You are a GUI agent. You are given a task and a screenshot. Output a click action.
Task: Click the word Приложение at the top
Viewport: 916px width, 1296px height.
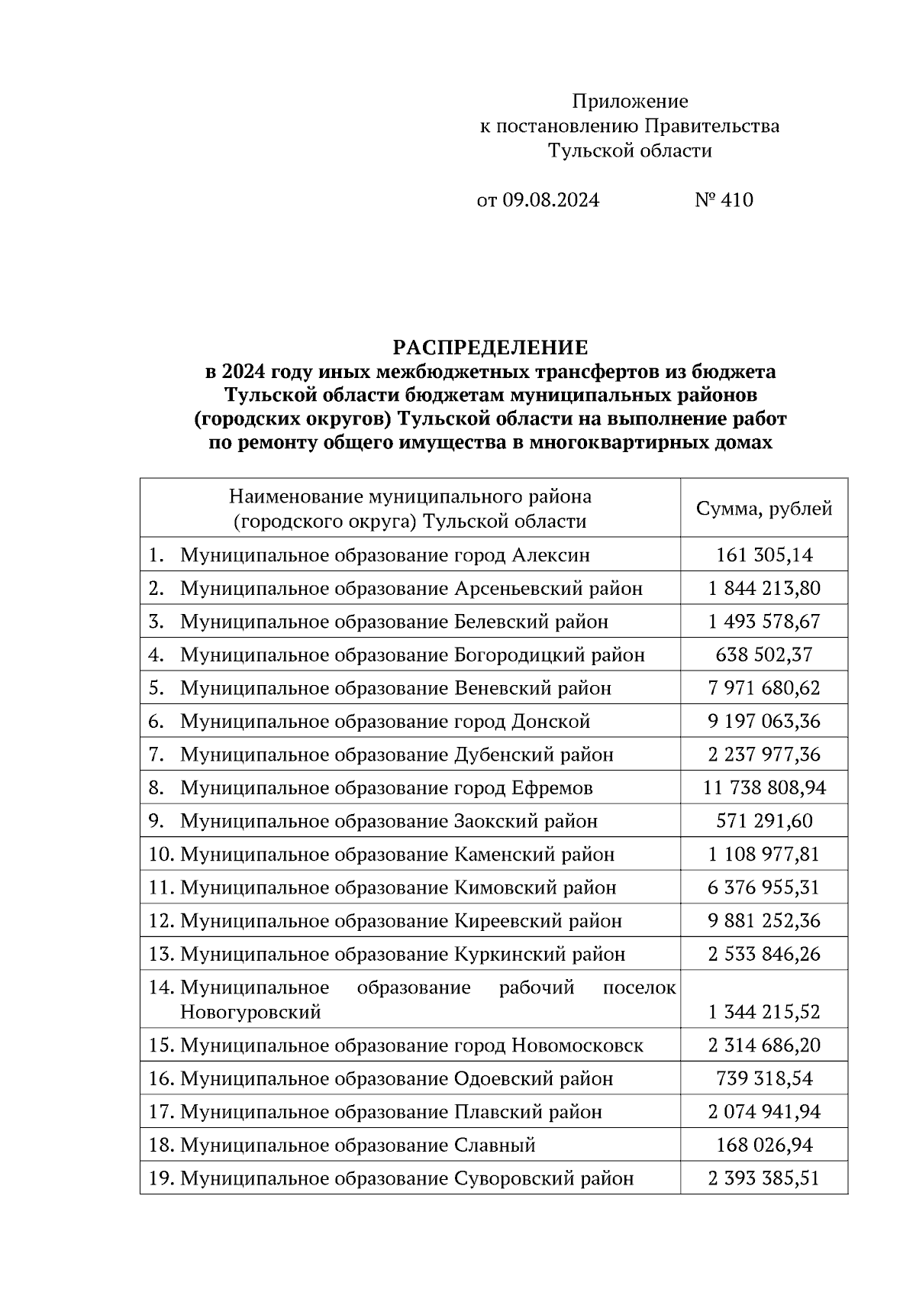[630, 101]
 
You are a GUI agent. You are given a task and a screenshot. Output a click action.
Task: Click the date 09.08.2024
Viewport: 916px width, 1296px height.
[550, 200]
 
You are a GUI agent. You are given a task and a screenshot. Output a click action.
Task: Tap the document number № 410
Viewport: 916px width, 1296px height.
[724, 200]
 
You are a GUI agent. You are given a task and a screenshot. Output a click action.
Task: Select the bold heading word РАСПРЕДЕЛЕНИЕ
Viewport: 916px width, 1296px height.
[490, 348]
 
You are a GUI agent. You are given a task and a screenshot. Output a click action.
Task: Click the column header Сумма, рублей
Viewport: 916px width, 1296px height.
[764, 509]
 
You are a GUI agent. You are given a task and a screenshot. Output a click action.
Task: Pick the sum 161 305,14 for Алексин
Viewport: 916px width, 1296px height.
[764, 554]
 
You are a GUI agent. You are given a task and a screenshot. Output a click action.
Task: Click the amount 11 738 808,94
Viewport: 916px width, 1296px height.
[764, 787]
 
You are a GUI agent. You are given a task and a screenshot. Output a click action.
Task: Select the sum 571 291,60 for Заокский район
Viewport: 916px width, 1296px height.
[764, 821]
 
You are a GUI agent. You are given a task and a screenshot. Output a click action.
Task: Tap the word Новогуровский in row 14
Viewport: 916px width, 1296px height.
[250, 1013]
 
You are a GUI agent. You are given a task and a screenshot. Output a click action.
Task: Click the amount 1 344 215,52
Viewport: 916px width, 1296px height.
[764, 1013]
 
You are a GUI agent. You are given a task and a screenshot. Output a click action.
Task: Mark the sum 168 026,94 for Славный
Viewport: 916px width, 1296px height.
[764, 1146]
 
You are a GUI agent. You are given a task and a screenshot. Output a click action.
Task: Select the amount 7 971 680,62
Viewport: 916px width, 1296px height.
[764, 688]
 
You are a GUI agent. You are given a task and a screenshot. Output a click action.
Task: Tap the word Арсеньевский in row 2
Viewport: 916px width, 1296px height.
[511, 588]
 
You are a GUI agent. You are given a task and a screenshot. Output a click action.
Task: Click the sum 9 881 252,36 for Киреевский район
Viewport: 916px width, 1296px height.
[764, 921]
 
